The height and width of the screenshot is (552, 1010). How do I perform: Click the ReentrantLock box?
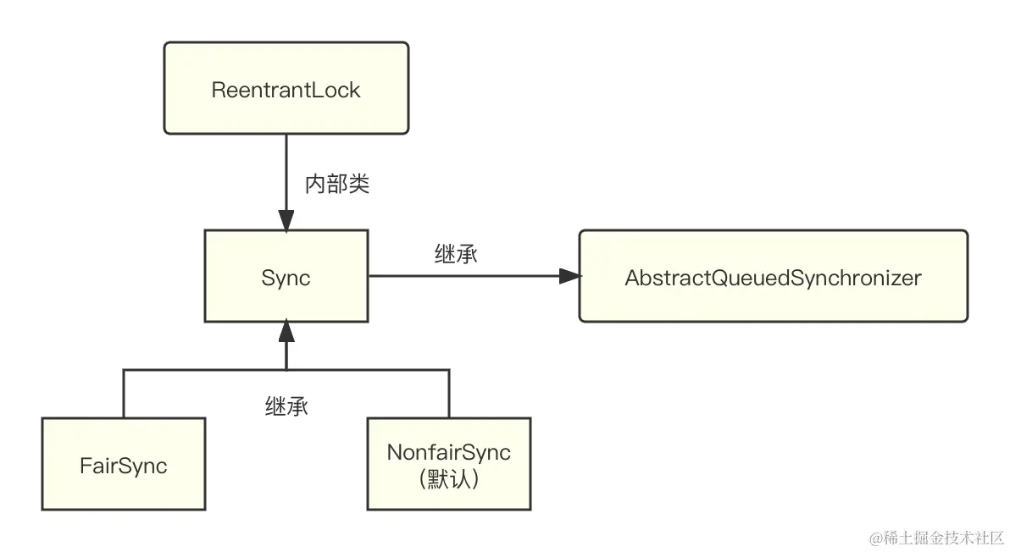click(x=286, y=89)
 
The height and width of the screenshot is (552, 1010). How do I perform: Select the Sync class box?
click(x=286, y=277)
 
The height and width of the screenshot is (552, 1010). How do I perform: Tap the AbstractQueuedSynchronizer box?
click(x=773, y=277)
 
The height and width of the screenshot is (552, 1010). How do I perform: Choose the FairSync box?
click(x=123, y=464)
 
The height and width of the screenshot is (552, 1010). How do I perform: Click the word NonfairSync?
click(x=448, y=452)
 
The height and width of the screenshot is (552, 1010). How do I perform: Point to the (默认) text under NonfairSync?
click(x=448, y=479)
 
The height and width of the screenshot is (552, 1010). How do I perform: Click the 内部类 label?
click(x=336, y=185)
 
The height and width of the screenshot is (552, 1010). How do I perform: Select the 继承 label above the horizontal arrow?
click(x=456, y=254)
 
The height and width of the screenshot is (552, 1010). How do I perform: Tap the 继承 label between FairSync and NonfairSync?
click(x=286, y=406)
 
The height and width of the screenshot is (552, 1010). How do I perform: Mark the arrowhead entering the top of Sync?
click(x=286, y=221)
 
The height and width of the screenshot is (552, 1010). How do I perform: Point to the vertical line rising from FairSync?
click(x=124, y=394)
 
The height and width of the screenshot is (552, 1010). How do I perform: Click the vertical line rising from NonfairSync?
click(x=448, y=394)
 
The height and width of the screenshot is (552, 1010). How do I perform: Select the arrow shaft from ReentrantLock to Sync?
click(x=286, y=169)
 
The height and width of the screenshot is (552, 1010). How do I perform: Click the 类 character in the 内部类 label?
click(x=358, y=185)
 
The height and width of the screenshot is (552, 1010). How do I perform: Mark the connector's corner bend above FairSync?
click(x=124, y=370)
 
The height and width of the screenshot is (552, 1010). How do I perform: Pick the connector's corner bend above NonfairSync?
click(x=448, y=370)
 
